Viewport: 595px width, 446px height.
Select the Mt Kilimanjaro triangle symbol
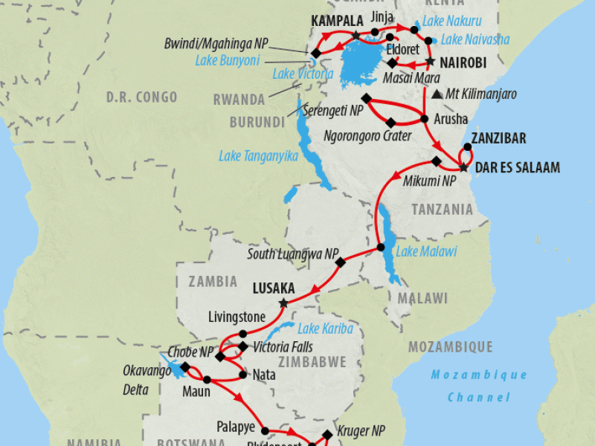[x=435, y=95]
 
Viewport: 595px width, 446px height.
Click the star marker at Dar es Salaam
[x=463, y=167]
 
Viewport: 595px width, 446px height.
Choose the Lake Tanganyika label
[x=258, y=156]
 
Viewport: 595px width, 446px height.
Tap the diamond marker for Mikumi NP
[x=437, y=162]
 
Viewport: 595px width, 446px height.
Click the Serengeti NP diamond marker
[x=365, y=98]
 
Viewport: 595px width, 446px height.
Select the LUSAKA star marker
[x=283, y=303]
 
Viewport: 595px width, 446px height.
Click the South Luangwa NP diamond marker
[x=341, y=262]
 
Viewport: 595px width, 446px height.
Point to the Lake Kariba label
[x=324, y=329]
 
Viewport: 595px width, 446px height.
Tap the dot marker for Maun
[x=208, y=381]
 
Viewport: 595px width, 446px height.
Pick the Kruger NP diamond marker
[x=327, y=435]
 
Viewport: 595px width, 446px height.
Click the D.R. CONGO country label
[x=141, y=97]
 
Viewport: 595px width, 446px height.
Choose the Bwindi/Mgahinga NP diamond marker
[x=315, y=53]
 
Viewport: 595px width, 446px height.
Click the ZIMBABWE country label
[x=307, y=363]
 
